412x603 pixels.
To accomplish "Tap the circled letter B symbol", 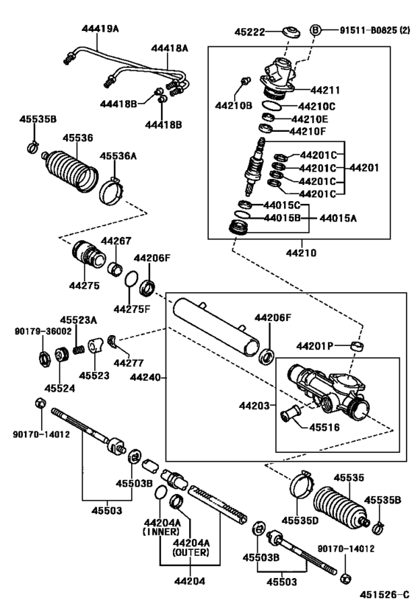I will click(x=316, y=31).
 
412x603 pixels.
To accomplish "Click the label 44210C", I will click(x=316, y=106).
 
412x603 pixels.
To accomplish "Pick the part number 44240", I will click(x=144, y=378).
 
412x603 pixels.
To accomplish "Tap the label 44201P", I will click(x=315, y=345).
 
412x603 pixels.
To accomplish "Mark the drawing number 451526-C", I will click(x=382, y=593).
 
